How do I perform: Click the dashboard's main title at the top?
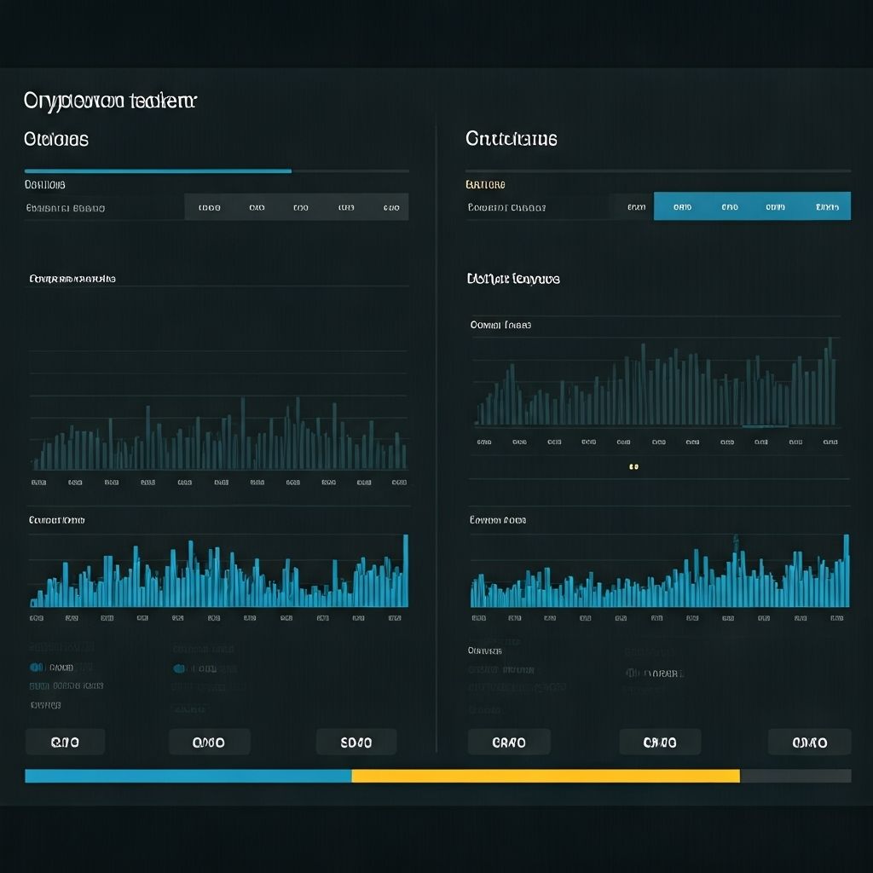[110, 101]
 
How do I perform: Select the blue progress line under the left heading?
[158, 171]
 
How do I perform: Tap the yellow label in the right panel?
[485, 184]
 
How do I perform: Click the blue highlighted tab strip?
[752, 206]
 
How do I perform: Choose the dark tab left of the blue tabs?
[635, 206]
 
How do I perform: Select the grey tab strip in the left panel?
[296, 207]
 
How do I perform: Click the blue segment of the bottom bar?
[188, 776]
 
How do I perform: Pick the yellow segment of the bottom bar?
[546, 776]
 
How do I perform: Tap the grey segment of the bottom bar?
[795, 776]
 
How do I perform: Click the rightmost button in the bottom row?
[809, 743]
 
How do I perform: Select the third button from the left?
[356, 743]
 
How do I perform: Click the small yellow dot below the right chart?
[633, 467]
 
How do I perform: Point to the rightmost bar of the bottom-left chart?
[405, 571]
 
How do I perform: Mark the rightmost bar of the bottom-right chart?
[846, 571]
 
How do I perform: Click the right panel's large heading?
[512, 139]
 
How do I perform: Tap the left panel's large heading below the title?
[56, 139]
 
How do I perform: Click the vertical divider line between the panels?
[436, 426]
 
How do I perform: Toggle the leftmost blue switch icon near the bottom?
[37, 668]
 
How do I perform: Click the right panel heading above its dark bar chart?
[513, 279]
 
